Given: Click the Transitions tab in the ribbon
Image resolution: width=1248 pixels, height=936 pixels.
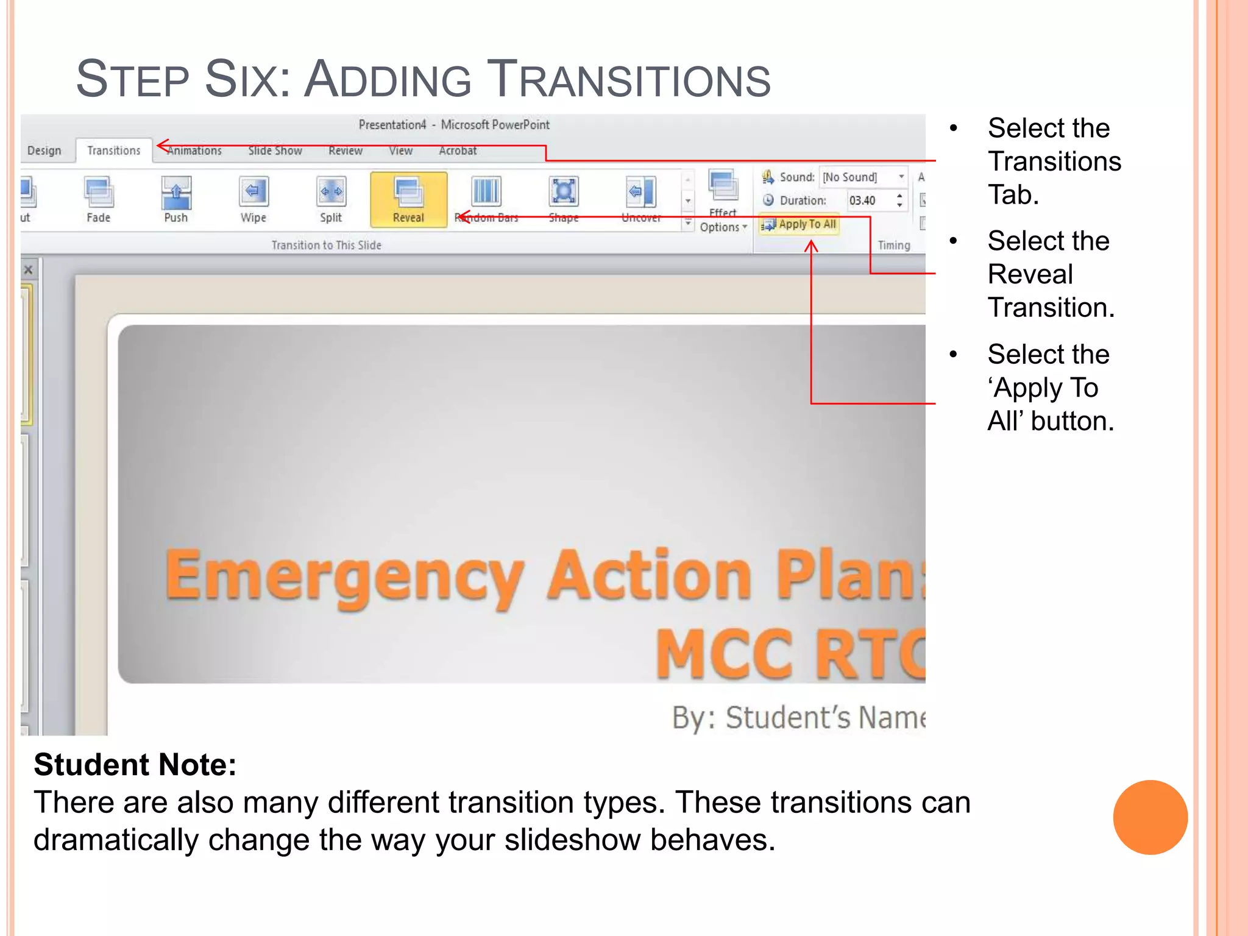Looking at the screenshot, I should point(113,151).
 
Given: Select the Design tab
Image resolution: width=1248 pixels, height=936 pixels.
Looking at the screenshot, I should point(44,151).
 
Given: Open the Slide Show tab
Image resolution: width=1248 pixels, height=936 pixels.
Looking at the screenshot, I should point(275,151).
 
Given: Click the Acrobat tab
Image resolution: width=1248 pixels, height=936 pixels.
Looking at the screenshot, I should point(458,151).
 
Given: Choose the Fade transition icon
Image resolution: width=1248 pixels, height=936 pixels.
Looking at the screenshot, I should point(99,194).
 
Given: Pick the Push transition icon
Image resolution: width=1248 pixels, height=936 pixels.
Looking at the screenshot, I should point(176,194).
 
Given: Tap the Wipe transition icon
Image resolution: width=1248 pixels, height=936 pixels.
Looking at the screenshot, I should point(253,194).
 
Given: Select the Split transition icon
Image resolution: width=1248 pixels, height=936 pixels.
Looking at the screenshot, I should point(331,194).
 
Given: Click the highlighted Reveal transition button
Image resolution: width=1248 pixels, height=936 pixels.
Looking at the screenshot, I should point(408,199).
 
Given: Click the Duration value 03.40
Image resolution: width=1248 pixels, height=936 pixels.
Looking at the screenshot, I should point(862,200).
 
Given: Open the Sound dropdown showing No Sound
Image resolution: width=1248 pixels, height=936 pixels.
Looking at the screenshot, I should point(863,177).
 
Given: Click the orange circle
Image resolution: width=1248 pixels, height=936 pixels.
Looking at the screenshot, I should point(1150,817).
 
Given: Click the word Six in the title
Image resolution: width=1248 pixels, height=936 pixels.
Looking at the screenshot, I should point(247,80).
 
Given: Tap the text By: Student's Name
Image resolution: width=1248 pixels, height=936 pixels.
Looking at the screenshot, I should point(798,717).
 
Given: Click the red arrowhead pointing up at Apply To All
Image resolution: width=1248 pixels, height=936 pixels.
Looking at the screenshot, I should point(811,246).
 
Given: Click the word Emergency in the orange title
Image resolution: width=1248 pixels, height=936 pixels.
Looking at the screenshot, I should point(344,576).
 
